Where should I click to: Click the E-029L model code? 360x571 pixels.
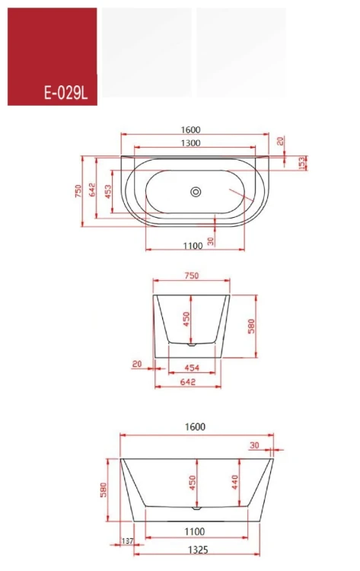pos(66,93)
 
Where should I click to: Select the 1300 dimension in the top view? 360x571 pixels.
pos(191,143)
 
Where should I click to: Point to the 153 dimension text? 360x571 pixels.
pos(301,163)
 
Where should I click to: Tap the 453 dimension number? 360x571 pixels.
pos(108,192)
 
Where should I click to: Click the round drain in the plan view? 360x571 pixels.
pos(196,192)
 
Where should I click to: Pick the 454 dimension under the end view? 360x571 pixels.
pos(192,368)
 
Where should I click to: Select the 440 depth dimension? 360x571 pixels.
pos(234,482)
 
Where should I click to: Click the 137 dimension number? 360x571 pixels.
pos(127,541)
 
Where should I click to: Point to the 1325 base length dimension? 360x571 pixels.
pos(198,550)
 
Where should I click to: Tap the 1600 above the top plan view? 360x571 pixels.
pos(191,129)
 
